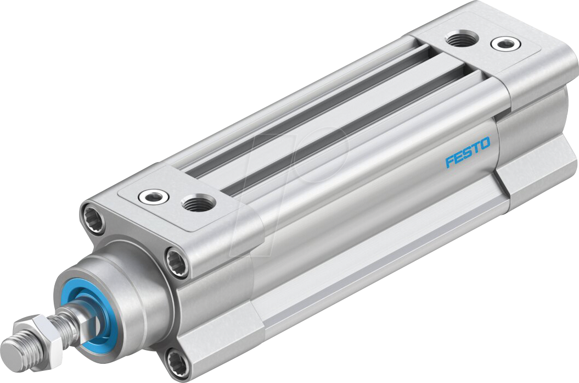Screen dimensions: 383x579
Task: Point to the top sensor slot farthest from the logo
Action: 307,110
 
